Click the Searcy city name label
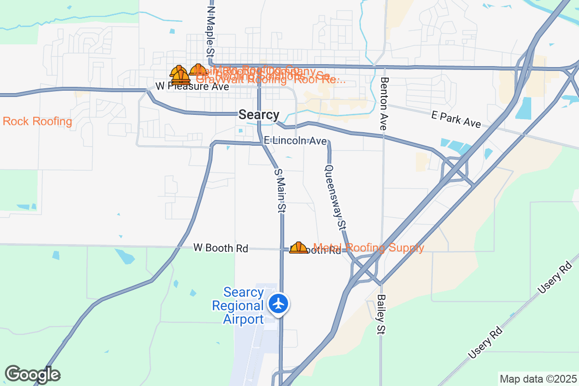coord(259,115)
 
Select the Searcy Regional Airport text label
coord(244,306)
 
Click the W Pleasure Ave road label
coord(192,87)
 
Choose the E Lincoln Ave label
coord(295,141)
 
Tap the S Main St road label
coord(280,191)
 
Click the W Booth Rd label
coord(221,248)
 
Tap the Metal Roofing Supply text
coord(369,248)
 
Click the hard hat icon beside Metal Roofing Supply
coord(298,248)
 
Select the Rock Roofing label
coord(37,121)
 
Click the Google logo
coord(32,374)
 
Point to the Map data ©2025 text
coord(538,379)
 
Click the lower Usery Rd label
coord(485,341)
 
